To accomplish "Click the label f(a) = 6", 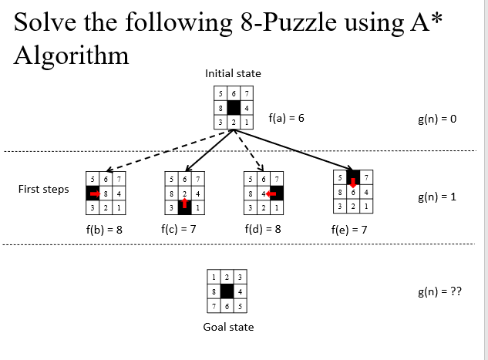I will click(x=286, y=119).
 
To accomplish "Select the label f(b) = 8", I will click(x=104, y=230).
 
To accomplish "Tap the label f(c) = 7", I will click(x=180, y=229).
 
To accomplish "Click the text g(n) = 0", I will click(x=436, y=119).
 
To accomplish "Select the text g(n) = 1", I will click(x=436, y=197).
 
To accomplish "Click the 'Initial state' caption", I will click(x=233, y=73).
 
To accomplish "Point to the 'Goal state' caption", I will click(x=228, y=327).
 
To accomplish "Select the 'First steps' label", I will click(x=44, y=189).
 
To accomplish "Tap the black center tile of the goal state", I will click(x=227, y=291).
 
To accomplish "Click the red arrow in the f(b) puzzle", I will click(x=95, y=193).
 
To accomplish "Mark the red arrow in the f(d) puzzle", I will click(x=272, y=193).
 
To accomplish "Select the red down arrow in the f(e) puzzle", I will click(x=352, y=182).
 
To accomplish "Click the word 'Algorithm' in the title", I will click(x=71, y=55).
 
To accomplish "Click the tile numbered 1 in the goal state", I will click(x=214, y=277).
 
